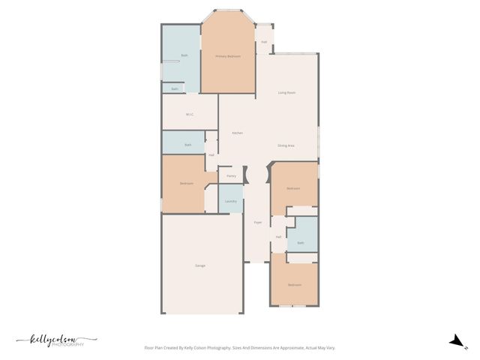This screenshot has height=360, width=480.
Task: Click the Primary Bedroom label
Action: pos(228,56)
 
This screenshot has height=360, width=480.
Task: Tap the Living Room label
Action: pos(286,92)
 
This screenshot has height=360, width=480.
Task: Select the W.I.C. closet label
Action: pos(190,115)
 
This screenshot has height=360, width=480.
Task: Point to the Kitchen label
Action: pos(237,133)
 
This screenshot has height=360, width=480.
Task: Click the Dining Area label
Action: pos(286,145)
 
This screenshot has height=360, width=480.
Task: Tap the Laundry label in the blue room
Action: pos(231,201)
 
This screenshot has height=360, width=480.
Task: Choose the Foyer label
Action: pos(257,223)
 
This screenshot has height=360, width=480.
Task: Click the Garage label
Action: pos(200,265)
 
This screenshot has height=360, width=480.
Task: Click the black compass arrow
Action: pos(454,342)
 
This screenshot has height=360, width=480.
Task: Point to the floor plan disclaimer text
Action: pos(239,348)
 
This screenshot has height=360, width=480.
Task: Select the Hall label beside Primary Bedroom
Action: pos(264,41)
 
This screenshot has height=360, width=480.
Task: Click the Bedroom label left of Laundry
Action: pos(186,184)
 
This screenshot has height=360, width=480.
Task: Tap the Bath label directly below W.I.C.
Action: pos(188,144)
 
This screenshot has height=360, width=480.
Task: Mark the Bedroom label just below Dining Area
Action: pos(293,188)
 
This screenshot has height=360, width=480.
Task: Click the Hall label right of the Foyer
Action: pos(278,237)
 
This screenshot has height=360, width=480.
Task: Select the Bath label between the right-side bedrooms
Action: pos(301,243)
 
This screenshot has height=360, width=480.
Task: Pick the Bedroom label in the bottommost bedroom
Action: pos(294,285)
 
